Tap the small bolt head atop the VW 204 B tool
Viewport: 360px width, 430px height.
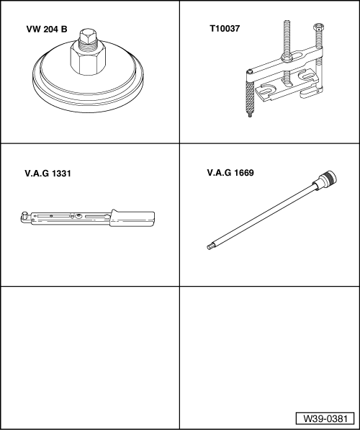pyautogui.click(x=87, y=37)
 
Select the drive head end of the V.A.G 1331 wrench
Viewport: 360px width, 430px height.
pyautogui.click(x=26, y=215)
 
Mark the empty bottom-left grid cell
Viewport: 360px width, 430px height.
pyautogui.click(x=89, y=357)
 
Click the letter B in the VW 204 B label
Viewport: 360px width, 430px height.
pyautogui.click(x=63, y=32)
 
